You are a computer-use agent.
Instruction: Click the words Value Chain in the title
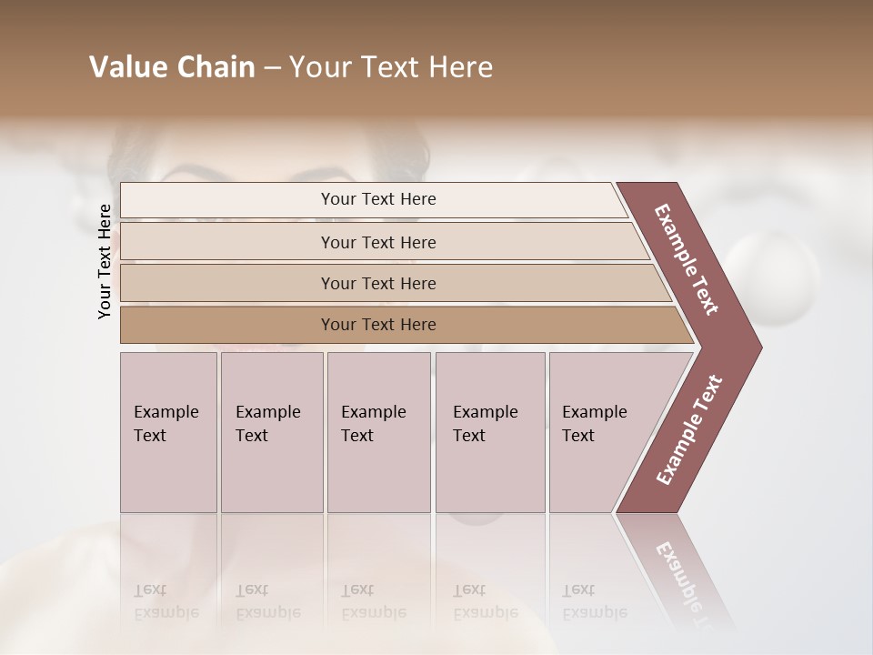[172, 67]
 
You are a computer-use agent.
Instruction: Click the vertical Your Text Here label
[105, 261]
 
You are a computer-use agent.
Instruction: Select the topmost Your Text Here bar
[377, 199]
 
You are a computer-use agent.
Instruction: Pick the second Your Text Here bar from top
[377, 242]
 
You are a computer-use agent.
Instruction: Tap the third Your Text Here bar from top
[377, 283]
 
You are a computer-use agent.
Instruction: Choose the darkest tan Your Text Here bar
[377, 325]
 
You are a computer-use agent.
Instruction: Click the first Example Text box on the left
[168, 432]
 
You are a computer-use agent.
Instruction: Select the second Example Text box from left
[271, 432]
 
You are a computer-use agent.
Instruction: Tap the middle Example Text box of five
[378, 432]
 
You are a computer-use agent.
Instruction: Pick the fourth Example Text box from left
[490, 432]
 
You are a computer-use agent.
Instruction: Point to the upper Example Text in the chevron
[687, 259]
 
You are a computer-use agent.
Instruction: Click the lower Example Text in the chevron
[689, 430]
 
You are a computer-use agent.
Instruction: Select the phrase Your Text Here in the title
[391, 67]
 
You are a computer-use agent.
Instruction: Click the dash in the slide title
[272, 68]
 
